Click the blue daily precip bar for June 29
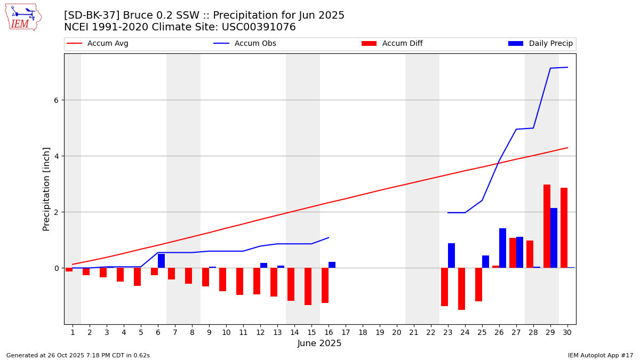click(x=554, y=238)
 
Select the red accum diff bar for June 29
click(x=547, y=226)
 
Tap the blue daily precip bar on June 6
click(x=161, y=261)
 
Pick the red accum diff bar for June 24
click(x=461, y=289)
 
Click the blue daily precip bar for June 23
click(x=451, y=255)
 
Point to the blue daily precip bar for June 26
click(x=502, y=248)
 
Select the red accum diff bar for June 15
click(x=308, y=286)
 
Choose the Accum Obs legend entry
click(x=255, y=44)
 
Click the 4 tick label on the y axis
click(x=56, y=156)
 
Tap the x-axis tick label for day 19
click(x=380, y=333)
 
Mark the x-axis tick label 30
click(x=567, y=333)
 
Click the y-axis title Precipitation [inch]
click(x=47, y=189)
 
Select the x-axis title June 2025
click(x=319, y=344)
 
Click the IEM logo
click(x=23, y=17)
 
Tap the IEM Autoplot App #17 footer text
click(x=600, y=355)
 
